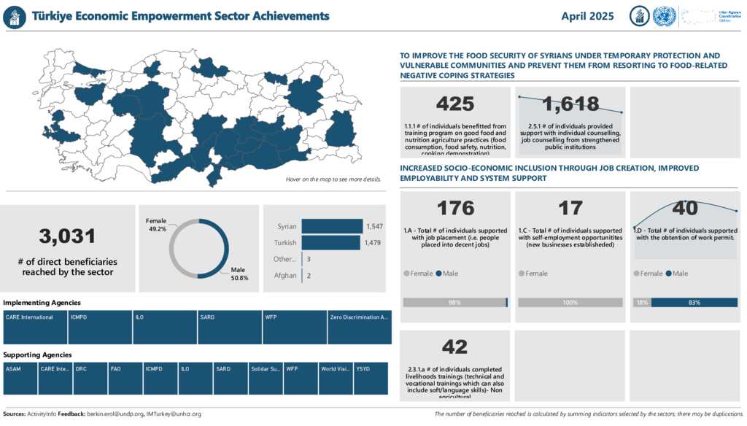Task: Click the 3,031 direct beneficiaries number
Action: coord(68,236)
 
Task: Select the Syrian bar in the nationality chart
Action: coord(331,227)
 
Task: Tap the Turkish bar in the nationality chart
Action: coord(330,243)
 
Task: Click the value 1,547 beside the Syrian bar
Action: coord(374,227)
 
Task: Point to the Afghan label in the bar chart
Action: coord(285,276)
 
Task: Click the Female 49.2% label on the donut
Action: coord(156,224)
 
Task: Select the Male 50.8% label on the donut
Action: coord(239,274)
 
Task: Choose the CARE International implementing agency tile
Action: coord(35,327)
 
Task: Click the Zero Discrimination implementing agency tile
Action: coord(359,327)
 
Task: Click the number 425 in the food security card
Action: coord(454,104)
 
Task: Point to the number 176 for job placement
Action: coord(454,209)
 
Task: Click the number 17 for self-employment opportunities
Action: coord(570,209)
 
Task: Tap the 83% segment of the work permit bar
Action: coord(694,303)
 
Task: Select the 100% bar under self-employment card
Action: coord(570,303)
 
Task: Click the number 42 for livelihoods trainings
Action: coord(454,347)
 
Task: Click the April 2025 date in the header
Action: coord(587,16)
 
